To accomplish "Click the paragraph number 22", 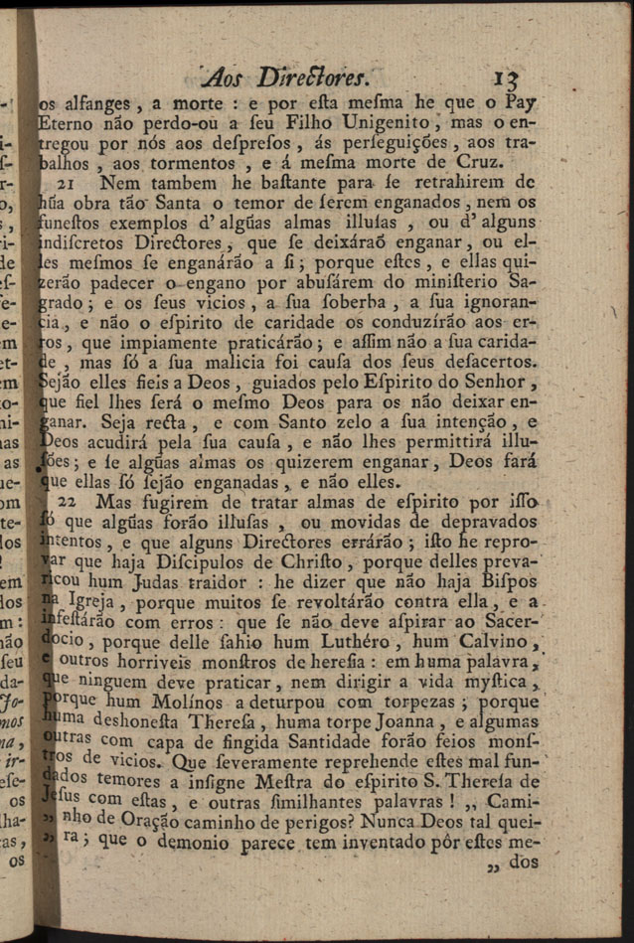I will click(70, 502).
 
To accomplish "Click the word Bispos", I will click(507, 581).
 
